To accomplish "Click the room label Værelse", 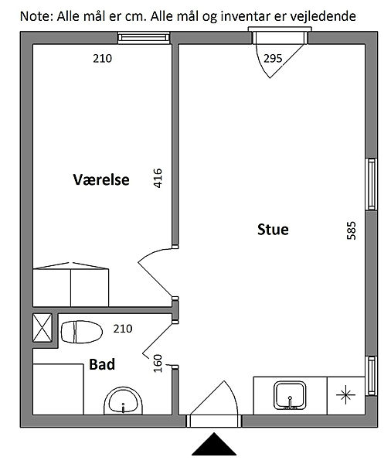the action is click(x=101, y=179).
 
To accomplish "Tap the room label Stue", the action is click(x=273, y=230).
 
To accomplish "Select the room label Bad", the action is click(x=102, y=364).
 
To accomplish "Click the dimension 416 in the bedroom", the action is click(x=158, y=178).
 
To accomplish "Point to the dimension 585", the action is click(x=351, y=230).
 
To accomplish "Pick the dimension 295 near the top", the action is click(x=273, y=59).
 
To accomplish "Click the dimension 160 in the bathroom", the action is click(x=158, y=363).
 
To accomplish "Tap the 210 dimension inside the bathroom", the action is click(x=123, y=329).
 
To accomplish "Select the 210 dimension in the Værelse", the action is click(x=102, y=59).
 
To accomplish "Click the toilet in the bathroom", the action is click(x=81, y=332).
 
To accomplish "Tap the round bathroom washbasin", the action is click(x=123, y=401).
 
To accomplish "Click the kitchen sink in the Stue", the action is click(x=290, y=395).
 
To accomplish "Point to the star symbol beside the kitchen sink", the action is click(x=345, y=394).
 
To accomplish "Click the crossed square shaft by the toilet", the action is click(x=42, y=328).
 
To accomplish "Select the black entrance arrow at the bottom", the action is click(x=214, y=444).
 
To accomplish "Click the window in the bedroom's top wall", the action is click(x=144, y=38).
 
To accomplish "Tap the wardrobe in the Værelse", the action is click(x=70, y=285).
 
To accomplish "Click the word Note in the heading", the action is click(x=36, y=16).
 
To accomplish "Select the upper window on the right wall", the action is click(x=371, y=184).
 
